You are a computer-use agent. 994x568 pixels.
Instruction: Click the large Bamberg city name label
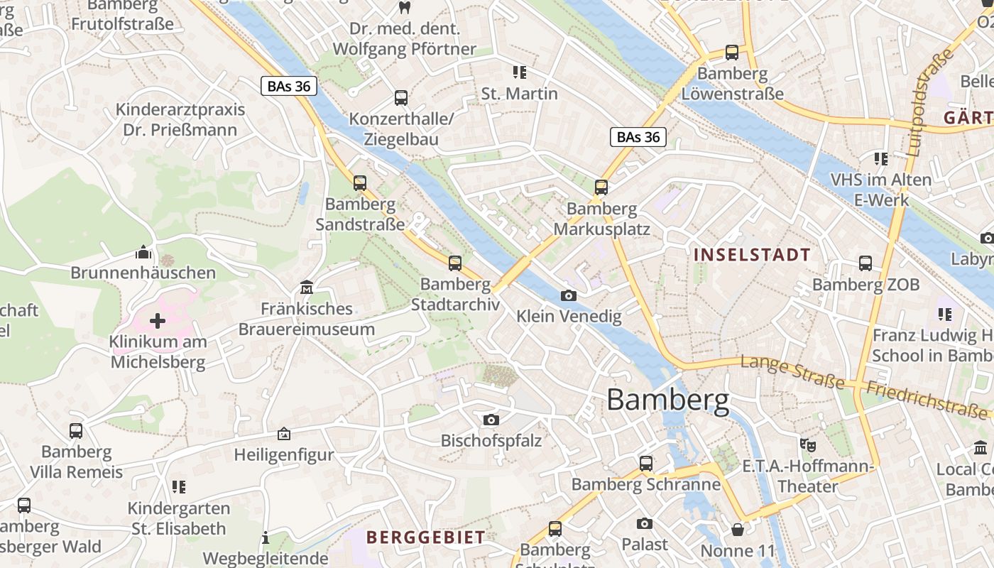click(667, 400)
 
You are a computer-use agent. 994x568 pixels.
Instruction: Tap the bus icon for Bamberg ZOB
click(865, 263)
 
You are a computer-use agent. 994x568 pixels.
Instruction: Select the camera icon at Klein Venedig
click(569, 295)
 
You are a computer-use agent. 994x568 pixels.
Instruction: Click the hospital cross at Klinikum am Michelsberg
click(158, 321)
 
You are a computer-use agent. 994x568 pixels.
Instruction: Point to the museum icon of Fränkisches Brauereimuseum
click(307, 288)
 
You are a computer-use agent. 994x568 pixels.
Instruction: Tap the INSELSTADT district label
click(752, 255)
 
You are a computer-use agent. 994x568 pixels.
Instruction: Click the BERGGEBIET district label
click(425, 537)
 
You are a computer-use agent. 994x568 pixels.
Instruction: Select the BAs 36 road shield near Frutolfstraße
click(288, 87)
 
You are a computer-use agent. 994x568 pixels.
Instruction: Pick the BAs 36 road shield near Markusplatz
click(638, 137)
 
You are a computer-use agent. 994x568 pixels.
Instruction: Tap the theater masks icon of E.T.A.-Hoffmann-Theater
click(808, 445)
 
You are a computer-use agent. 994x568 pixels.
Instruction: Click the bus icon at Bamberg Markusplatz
click(601, 187)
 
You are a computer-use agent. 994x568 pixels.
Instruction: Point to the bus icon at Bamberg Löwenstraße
click(732, 53)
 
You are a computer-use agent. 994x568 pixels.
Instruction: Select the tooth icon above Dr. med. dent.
click(405, 8)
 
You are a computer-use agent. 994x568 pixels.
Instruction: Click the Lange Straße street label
click(792, 373)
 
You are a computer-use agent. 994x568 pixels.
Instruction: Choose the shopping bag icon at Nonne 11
click(738, 530)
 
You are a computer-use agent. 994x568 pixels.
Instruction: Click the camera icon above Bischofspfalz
click(491, 420)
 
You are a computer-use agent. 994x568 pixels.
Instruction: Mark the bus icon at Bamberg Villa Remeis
click(76, 430)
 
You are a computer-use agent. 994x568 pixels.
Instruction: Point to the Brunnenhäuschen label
click(143, 273)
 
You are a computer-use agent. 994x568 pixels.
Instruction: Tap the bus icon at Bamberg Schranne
click(645, 464)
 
